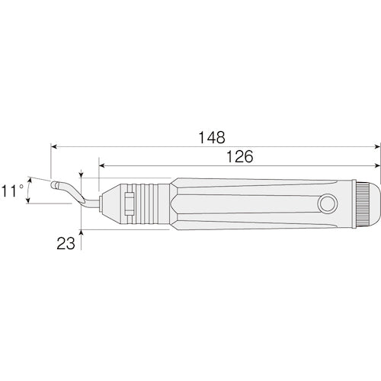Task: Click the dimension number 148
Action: (x=212, y=137)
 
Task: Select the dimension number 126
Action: (x=239, y=157)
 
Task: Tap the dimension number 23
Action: (x=66, y=243)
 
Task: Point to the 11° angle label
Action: (x=12, y=190)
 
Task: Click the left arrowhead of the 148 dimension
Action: (x=54, y=147)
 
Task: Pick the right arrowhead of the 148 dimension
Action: (x=377, y=147)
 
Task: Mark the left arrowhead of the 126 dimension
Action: (x=102, y=166)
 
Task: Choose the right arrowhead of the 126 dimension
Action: (x=377, y=166)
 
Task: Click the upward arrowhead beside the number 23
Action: (x=82, y=233)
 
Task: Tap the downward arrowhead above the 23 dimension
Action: (x=82, y=174)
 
